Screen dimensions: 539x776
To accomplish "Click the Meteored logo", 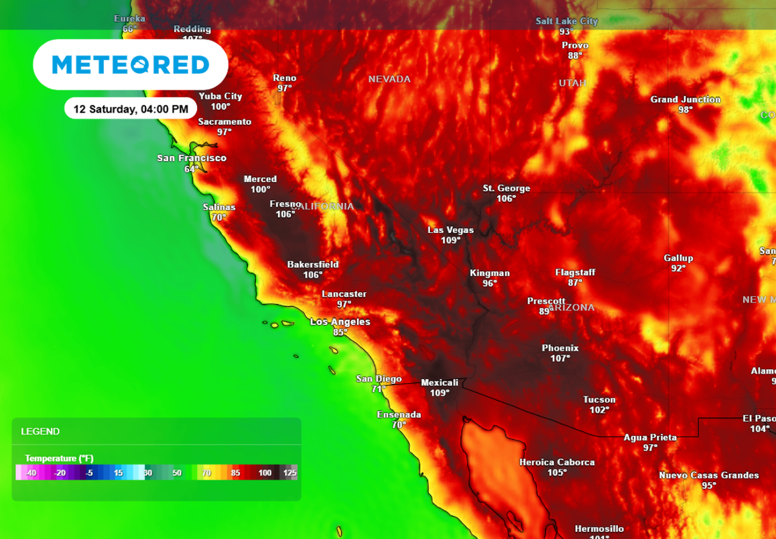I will [x=130, y=65].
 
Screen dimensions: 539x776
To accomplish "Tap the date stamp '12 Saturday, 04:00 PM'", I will [x=130, y=109].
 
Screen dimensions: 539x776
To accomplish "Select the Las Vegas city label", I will [x=450, y=230].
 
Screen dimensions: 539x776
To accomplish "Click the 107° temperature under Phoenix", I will [x=560, y=358].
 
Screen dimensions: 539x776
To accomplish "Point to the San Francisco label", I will [x=192, y=158].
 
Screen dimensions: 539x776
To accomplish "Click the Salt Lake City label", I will [x=566, y=21].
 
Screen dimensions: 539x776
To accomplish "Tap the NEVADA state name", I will [x=389, y=79].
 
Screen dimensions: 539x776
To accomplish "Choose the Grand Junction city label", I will [x=685, y=99].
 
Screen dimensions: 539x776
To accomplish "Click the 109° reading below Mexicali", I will [x=440, y=393].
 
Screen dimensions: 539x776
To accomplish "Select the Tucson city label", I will [x=599, y=400].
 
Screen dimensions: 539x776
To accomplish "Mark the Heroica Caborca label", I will [x=557, y=462].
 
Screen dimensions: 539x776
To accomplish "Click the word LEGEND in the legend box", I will [x=40, y=432].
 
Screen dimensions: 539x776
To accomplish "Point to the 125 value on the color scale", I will [x=289, y=473].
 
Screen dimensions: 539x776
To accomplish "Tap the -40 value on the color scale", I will [x=31, y=473].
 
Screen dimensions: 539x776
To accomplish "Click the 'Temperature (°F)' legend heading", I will [x=59, y=458].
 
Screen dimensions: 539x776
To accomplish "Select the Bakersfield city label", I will [x=313, y=264].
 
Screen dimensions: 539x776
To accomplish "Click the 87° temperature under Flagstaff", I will [x=575, y=283].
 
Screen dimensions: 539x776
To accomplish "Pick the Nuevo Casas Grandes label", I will [x=708, y=475].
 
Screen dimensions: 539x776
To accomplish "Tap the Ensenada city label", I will [x=398, y=415].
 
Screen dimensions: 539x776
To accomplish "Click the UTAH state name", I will [x=572, y=83].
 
